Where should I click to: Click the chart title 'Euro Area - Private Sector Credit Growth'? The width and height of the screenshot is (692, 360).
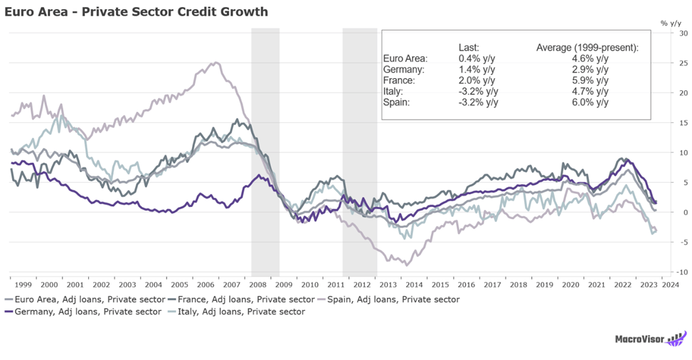click(x=136, y=12)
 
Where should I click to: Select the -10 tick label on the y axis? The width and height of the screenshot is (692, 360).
click(x=682, y=272)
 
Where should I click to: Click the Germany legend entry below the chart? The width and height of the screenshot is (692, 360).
click(x=83, y=312)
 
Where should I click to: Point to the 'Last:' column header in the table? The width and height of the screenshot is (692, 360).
click(x=469, y=48)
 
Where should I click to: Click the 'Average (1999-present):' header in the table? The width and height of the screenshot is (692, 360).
click(x=587, y=48)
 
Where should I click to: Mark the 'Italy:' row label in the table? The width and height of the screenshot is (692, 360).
click(x=393, y=91)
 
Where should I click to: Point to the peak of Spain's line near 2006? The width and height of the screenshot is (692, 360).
click(x=215, y=63)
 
